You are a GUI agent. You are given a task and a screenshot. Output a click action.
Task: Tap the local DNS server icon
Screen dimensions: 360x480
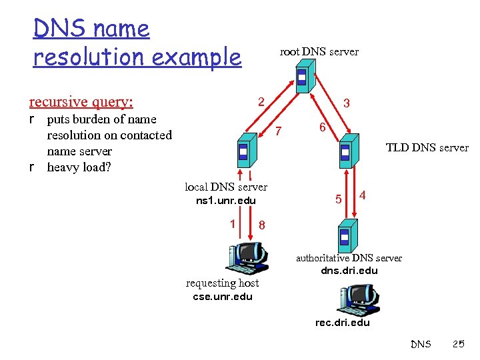[x=243, y=151]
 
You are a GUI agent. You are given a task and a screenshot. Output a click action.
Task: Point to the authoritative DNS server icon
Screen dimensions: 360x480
[x=345, y=235]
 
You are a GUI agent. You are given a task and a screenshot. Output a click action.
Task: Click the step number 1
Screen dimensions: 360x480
[x=232, y=224]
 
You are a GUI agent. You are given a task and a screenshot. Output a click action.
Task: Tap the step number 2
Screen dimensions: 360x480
[x=262, y=102]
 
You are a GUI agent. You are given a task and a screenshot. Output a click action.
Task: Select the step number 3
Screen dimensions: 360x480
[x=347, y=103]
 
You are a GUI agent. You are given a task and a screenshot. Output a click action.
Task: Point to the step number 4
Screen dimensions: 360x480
[x=362, y=195]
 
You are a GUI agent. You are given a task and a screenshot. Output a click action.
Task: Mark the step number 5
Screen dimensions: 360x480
[x=339, y=199]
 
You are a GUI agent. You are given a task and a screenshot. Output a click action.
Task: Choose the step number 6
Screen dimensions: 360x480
[x=321, y=128]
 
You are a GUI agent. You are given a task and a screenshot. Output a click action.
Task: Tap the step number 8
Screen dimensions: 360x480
[x=262, y=225]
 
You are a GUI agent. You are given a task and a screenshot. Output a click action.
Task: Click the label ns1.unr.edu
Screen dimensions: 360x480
[x=225, y=201]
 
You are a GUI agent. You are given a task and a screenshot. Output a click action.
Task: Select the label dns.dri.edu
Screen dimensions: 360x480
[x=349, y=270]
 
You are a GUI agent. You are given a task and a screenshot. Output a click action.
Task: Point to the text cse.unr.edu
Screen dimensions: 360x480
[x=223, y=296]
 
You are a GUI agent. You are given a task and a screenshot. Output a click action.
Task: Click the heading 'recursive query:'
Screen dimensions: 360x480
[x=81, y=101]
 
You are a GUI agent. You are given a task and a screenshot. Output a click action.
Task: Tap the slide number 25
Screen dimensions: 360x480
[x=458, y=344]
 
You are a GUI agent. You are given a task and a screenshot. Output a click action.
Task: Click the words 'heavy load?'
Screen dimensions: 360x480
[x=79, y=167]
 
